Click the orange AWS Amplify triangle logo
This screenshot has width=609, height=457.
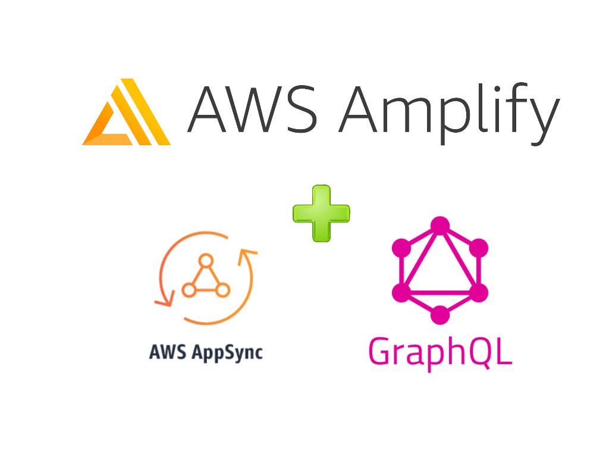pos(127,113)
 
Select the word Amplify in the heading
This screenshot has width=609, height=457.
pos(448,109)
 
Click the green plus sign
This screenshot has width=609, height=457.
pos(321,213)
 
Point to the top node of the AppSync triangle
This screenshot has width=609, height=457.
pos(206,260)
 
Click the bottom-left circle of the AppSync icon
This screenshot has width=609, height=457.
pos(189,290)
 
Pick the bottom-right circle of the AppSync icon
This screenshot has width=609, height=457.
pos(222,290)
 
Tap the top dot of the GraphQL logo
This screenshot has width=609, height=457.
pos(440,226)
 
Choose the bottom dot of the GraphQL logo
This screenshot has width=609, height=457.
pos(440,315)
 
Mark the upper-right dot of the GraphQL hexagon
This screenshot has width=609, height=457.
pos(478,248)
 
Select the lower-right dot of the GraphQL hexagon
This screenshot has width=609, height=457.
pos(478,292)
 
